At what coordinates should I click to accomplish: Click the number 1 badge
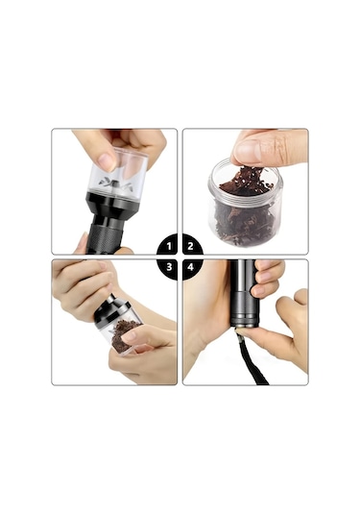pos(168,245)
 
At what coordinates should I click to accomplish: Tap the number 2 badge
pos(192,245)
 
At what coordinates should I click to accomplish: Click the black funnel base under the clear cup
pos(114,204)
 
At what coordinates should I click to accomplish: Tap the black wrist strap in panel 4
pos(253,359)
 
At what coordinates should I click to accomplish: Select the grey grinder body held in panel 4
pos(245,293)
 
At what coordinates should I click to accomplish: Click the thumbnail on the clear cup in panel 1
pos(107,161)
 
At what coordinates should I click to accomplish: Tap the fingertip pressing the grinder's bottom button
pos(243,331)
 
